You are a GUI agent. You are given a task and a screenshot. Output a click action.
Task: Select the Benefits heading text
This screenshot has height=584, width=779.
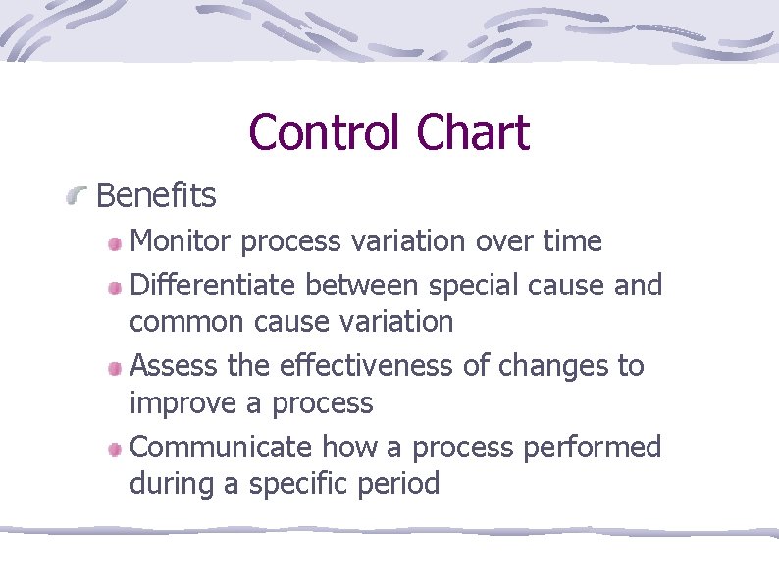pos(156,196)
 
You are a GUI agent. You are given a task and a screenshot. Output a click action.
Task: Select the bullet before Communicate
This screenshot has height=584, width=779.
pos(115,450)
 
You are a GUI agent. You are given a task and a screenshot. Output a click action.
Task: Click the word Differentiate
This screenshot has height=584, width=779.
pos(214,286)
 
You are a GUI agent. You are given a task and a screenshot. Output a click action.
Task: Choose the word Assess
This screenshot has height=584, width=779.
pos(174,366)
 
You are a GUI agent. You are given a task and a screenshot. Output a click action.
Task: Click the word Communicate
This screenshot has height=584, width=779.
pos(218,447)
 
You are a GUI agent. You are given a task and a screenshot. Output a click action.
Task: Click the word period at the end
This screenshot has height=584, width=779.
pos(401,485)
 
